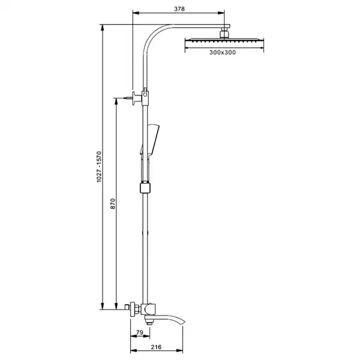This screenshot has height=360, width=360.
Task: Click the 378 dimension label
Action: (x=179, y=9)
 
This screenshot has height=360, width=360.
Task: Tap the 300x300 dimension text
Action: (x=223, y=52)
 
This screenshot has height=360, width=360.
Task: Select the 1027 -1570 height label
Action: (x=99, y=167)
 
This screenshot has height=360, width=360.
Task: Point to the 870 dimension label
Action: (x=113, y=203)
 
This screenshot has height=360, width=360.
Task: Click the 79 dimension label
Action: (x=140, y=332)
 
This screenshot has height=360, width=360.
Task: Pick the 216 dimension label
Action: (x=156, y=347)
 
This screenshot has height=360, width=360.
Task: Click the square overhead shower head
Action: (x=224, y=40)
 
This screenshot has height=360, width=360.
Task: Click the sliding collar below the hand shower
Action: (x=145, y=188)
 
